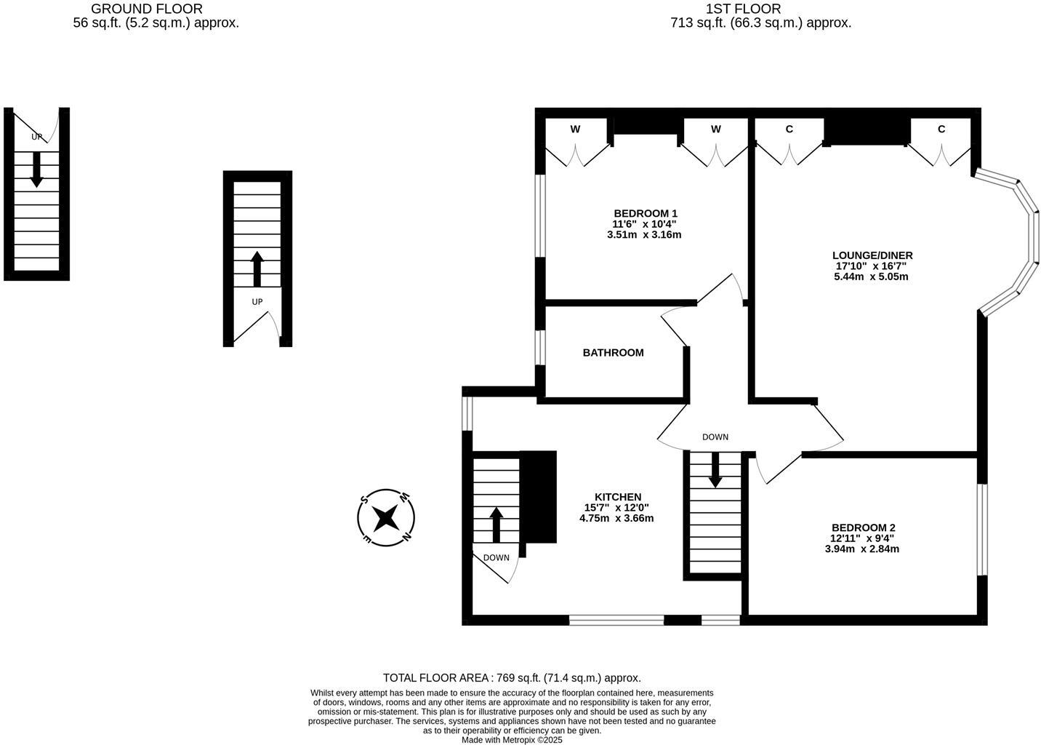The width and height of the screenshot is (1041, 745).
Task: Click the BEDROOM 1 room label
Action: pyautogui.click(x=646, y=213)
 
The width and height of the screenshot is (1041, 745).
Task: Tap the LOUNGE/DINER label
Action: pyautogui.click(x=872, y=255)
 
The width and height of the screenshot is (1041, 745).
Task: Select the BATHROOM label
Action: pyautogui.click(x=613, y=353)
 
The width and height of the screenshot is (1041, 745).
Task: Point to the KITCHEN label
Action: pyautogui.click(x=618, y=497)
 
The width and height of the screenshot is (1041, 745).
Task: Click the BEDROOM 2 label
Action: pyautogui.click(x=863, y=527)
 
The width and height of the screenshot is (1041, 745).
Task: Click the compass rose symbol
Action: pyautogui.click(x=386, y=517)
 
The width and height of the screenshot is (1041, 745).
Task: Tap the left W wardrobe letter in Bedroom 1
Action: pyautogui.click(x=575, y=130)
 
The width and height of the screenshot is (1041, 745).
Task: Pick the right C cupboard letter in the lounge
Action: pyautogui.click(x=941, y=129)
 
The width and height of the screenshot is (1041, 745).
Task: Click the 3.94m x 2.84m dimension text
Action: pyautogui.click(x=861, y=549)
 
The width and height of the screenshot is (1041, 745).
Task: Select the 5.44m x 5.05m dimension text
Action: pyautogui.click(x=871, y=276)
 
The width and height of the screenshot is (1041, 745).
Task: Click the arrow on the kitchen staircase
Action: pyautogui.click(x=497, y=525)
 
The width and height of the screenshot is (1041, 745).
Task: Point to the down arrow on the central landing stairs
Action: pyautogui.click(x=715, y=470)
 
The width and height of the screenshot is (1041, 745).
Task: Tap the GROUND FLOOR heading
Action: pyautogui.click(x=146, y=9)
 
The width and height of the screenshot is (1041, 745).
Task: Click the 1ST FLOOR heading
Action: pyautogui.click(x=743, y=9)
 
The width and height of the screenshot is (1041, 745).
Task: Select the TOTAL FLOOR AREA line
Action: pyautogui.click(x=512, y=677)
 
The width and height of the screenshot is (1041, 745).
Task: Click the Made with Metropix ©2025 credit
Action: pyautogui.click(x=512, y=740)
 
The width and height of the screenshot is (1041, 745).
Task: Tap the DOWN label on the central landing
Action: pyautogui.click(x=715, y=437)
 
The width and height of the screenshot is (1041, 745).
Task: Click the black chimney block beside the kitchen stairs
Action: pyautogui.click(x=538, y=497)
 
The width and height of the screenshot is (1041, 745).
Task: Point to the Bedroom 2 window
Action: pyautogui.click(x=981, y=530)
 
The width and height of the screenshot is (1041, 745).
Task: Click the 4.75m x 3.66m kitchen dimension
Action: pyautogui.click(x=616, y=518)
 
